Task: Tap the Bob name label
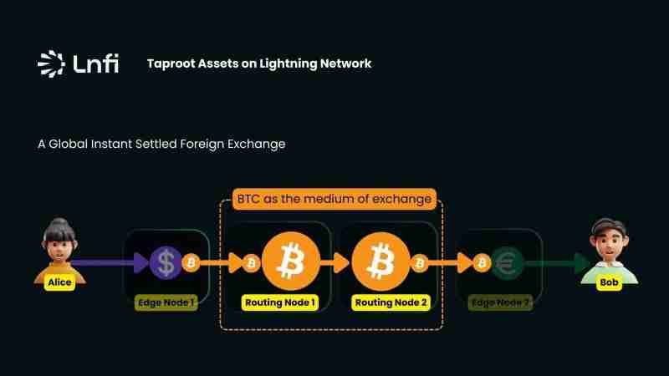(610, 282)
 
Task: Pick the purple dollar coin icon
(166, 264)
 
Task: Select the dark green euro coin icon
(506, 264)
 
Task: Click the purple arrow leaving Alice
(109, 264)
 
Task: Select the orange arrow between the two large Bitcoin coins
(336, 264)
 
